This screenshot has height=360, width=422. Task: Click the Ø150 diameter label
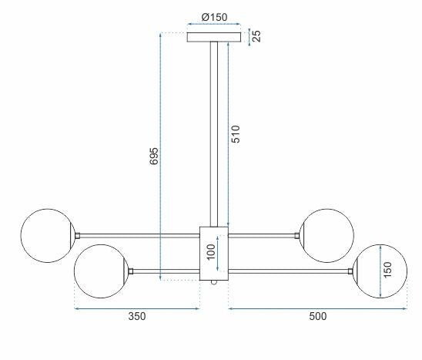tap(214, 17)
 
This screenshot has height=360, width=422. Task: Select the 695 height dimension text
tap(153, 156)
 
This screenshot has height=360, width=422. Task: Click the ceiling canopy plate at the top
tap(214, 37)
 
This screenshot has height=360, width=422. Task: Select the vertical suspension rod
tap(214, 131)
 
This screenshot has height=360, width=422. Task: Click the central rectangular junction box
tap(214, 253)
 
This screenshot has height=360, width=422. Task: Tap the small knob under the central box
tap(215, 284)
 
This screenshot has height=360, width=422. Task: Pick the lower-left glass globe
tap(100, 271)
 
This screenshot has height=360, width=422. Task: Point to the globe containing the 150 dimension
tap(380, 271)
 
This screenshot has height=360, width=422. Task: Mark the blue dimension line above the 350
tap(136, 308)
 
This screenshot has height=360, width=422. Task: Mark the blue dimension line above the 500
tap(317, 308)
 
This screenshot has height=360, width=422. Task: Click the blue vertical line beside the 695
tap(159, 156)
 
